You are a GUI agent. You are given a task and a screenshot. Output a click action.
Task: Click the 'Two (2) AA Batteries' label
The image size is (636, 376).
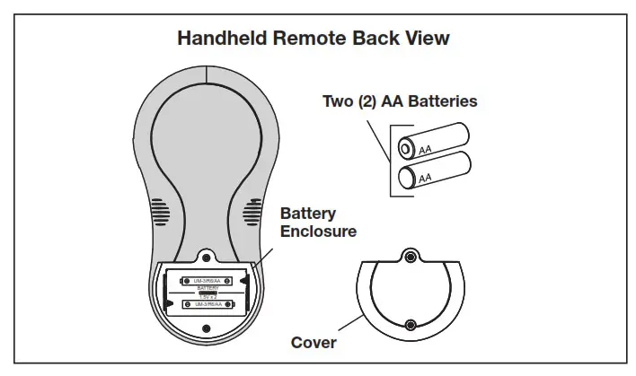pos(400,101)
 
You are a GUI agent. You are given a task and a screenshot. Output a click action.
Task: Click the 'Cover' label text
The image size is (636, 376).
pos(314,343)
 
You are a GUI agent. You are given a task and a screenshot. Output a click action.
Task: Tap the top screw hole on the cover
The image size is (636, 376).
pos(411,257)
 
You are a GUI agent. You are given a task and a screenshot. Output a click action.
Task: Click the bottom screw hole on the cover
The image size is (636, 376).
pos(411,325)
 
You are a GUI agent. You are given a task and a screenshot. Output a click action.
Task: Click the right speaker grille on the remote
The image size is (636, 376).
pos(249,212)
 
